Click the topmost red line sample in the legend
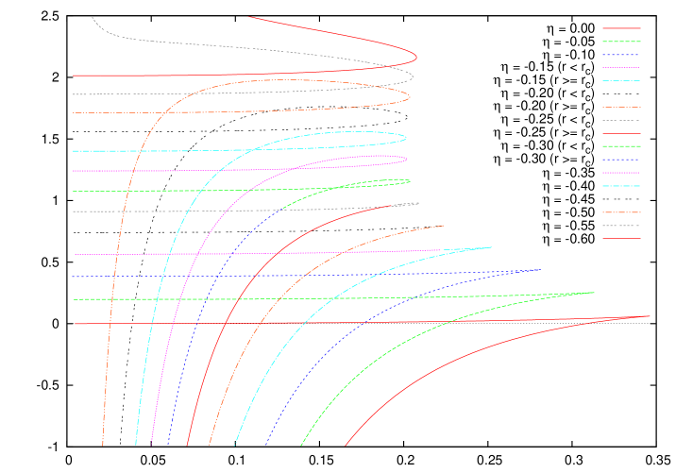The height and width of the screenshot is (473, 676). tap(621, 28)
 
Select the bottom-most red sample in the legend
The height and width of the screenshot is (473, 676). tap(621, 239)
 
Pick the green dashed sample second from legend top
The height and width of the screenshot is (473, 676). tap(621, 42)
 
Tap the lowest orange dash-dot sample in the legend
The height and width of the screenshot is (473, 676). tap(621, 212)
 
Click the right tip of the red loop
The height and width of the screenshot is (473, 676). tap(416, 57)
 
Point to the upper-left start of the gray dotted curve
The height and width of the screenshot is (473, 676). tap(92, 17)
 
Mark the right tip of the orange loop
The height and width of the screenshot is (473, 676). tap(411, 96)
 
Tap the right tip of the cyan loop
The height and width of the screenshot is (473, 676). tap(406, 138)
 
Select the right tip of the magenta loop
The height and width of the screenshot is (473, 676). tap(407, 159)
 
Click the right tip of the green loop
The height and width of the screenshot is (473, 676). tap(410, 180)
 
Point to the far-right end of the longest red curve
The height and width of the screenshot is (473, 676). tap(651, 316)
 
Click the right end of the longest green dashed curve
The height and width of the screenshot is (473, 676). tap(595, 293)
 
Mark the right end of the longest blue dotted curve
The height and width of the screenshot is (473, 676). tap(539, 270)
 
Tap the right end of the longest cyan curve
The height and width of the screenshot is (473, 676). tap(492, 247)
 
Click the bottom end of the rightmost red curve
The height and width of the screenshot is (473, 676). tap(346, 445)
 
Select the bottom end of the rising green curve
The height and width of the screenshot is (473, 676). tap(301, 445)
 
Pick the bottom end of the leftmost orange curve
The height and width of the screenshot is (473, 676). tap(102, 445)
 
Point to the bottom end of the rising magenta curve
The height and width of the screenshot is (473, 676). tap(151, 445)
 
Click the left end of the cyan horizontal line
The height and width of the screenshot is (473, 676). tap(73, 151)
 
